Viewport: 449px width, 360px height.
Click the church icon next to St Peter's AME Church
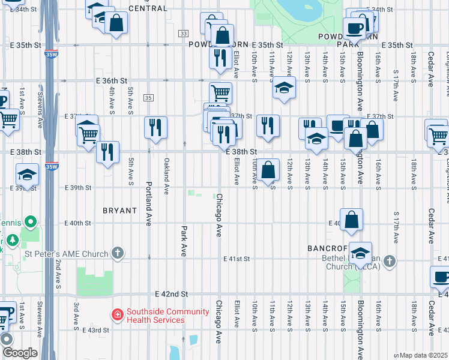(118, 253)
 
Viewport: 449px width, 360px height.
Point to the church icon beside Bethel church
(390, 261)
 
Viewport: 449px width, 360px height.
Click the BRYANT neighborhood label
(119, 211)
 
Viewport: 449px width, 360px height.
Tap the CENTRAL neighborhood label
(148, 8)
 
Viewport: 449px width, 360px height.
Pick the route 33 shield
(183, 33)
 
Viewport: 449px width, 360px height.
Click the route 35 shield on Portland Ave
(148, 98)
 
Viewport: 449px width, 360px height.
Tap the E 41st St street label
(236, 259)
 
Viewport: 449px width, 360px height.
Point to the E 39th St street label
(78, 188)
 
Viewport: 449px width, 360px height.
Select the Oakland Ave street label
(166, 176)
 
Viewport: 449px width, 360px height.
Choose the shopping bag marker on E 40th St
(351, 220)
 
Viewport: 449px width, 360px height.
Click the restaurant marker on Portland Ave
(155, 128)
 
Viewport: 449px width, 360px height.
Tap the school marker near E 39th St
(27, 175)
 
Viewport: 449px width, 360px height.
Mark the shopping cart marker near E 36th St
(220, 93)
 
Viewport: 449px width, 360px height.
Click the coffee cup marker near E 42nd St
(441, 278)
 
